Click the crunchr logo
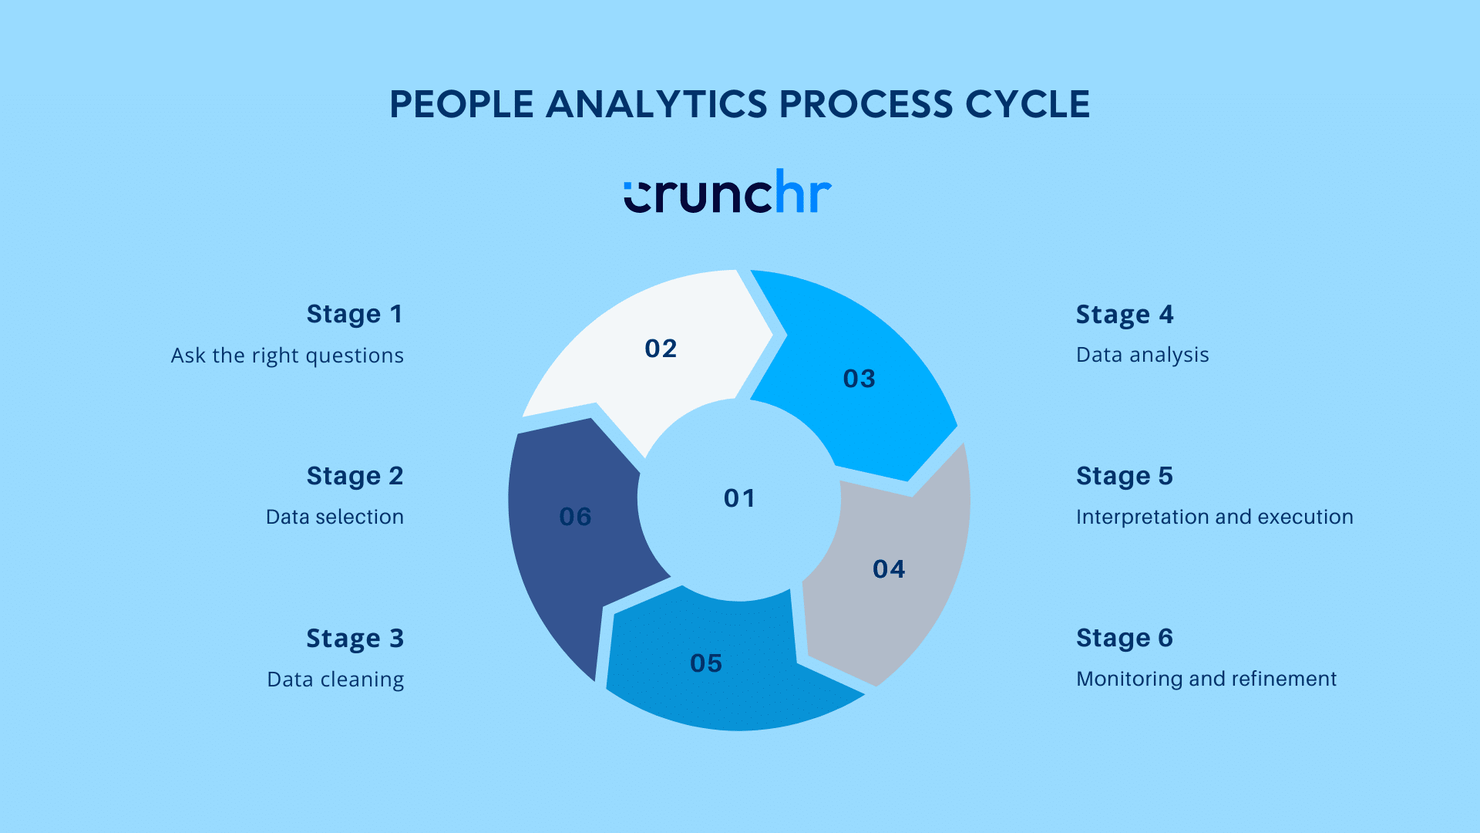(728, 193)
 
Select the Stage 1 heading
(355, 315)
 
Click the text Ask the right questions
(287, 356)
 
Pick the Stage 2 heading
(355, 477)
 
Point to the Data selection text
(335, 517)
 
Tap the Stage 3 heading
(355, 639)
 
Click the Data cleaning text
(335, 680)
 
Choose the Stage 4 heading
(1124, 315)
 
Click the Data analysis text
(1142, 355)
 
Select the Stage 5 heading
(1124, 477)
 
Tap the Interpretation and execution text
(1214, 517)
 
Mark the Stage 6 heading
(1124, 639)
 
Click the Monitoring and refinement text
(1206, 679)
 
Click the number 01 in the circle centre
(739, 498)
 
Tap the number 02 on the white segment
(661, 349)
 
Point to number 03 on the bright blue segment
(859, 379)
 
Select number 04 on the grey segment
(888, 569)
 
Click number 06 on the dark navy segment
(575, 517)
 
